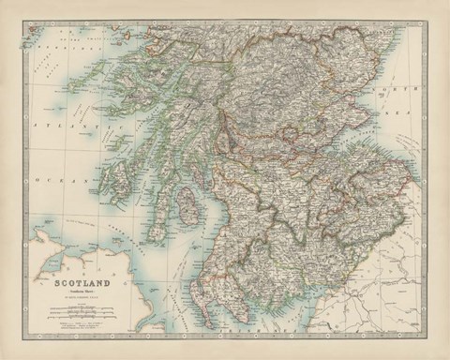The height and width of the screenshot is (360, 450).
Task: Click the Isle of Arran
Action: (x=188, y=208)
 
